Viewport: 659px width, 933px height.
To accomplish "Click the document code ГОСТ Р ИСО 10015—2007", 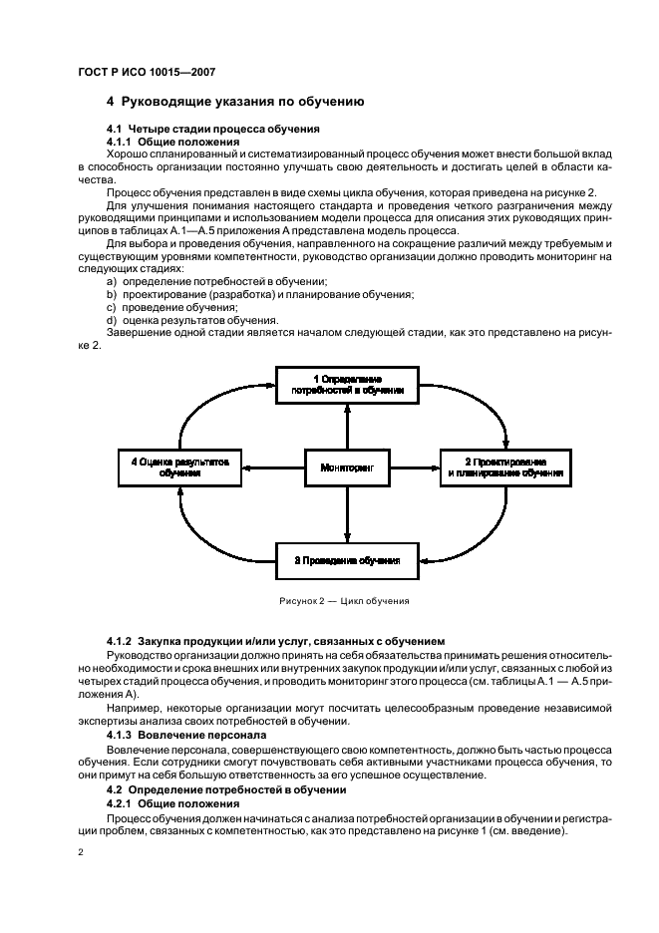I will (x=146, y=72).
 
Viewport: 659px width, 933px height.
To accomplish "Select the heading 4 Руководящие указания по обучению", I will (x=234, y=102).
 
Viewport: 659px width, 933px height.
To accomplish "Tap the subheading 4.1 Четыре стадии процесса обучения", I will (x=212, y=130).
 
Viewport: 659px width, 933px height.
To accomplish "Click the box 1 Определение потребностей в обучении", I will (x=347, y=386).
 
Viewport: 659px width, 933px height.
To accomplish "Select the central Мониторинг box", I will (x=347, y=466).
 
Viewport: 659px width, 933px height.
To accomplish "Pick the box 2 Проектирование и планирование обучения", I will (x=505, y=467).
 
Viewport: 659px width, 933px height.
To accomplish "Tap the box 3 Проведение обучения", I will (x=347, y=560).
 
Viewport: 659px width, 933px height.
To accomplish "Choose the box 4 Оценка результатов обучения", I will (x=179, y=467).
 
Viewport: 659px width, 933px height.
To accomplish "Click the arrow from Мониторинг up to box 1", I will (x=347, y=427).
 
